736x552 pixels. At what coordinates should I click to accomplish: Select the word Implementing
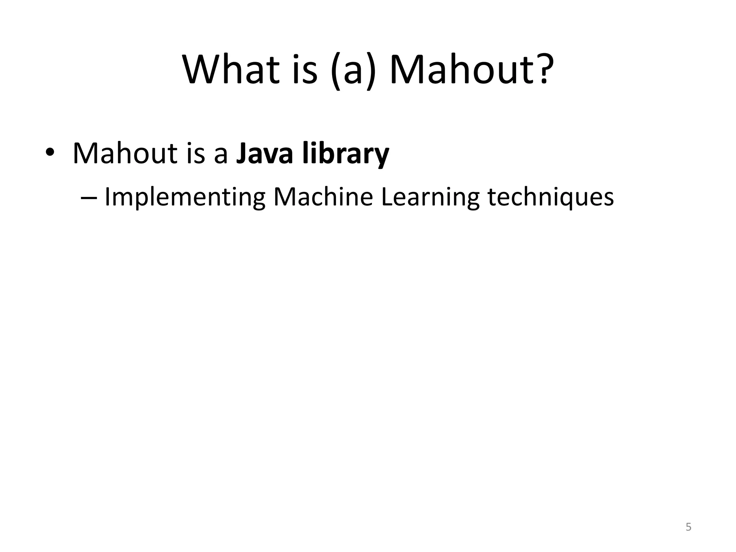coord(185,197)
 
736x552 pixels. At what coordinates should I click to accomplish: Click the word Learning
coord(430,197)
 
